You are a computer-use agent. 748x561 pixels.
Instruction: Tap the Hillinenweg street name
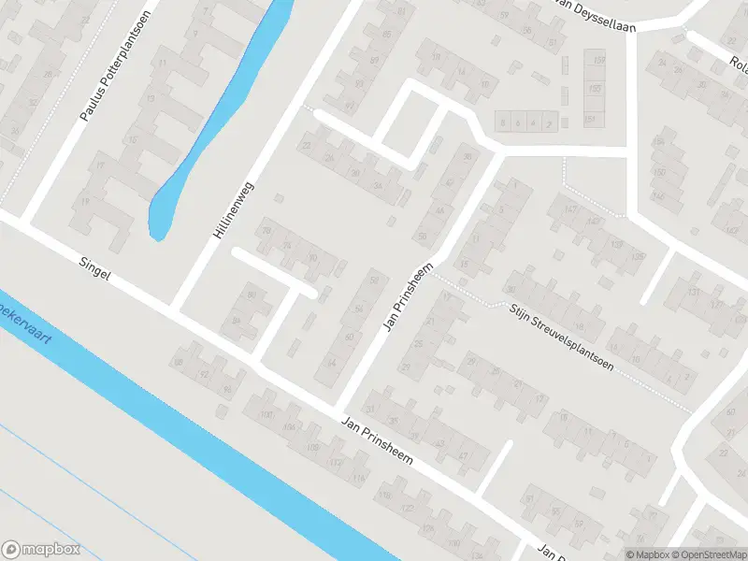pyautogui.click(x=233, y=209)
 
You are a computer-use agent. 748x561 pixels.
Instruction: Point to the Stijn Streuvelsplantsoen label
pyautogui.click(x=561, y=337)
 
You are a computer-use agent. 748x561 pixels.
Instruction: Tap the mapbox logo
pyautogui.click(x=41, y=550)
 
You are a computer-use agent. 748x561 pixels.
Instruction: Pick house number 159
pyautogui.click(x=595, y=61)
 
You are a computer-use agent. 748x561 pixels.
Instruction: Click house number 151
pyautogui.click(x=591, y=120)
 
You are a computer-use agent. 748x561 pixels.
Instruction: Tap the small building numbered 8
pyautogui.click(x=505, y=122)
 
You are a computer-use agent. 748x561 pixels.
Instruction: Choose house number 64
pyautogui.click(x=331, y=363)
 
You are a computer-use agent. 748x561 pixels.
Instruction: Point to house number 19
pyautogui.click(x=85, y=202)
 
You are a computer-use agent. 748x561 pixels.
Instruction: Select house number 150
pyautogui.click(x=658, y=172)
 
